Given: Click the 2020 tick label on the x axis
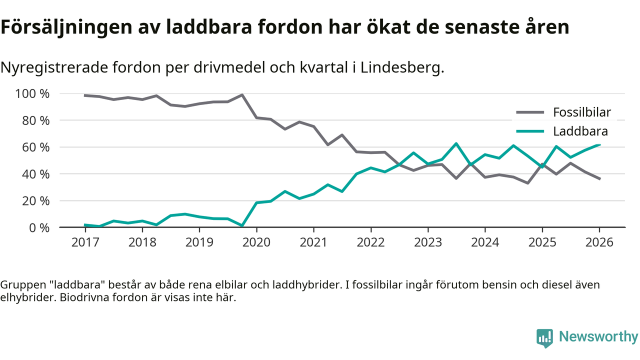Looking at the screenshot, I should [x=256, y=242].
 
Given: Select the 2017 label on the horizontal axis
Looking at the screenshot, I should [x=85, y=242].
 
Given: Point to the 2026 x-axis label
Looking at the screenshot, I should [x=599, y=242].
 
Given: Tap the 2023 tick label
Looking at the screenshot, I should [x=428, y=242].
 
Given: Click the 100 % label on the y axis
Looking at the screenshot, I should [x=32, y=94].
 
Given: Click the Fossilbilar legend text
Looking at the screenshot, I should [x=581, y=112].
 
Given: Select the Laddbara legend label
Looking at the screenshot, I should [x=580, y=131].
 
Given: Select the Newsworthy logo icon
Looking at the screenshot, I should [x=545, y=337].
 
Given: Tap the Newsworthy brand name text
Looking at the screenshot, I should [x=598, y=337].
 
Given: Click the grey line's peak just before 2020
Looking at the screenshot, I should [x=242, y=94].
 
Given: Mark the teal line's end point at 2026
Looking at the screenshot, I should [x=599, y=144].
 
